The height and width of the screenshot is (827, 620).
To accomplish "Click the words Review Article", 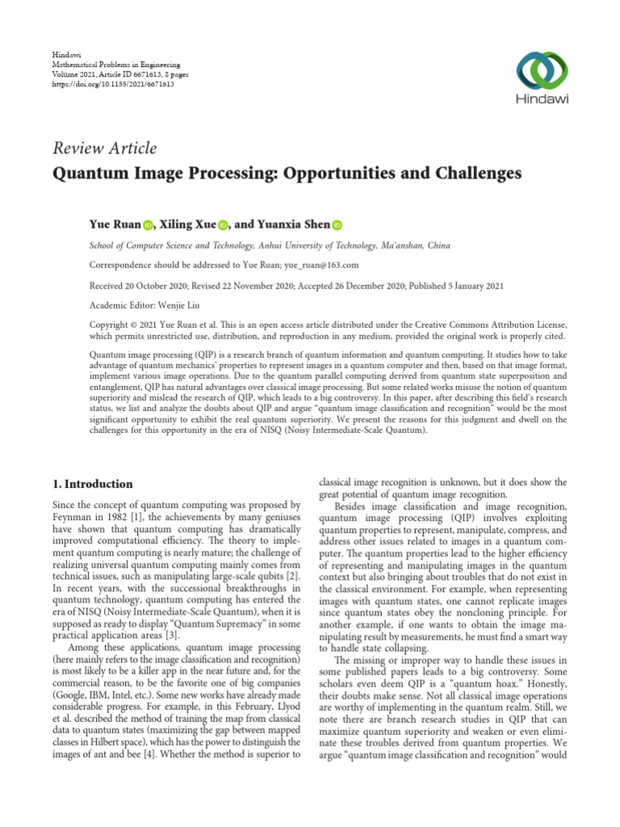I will point(104,148).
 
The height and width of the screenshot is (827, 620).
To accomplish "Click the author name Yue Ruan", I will point(115,224).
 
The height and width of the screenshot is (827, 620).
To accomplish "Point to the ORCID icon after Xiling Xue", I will point(224,225).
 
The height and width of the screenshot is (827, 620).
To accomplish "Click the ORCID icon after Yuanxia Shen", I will point(337,225).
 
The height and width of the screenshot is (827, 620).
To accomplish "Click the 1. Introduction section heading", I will point(92,485).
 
